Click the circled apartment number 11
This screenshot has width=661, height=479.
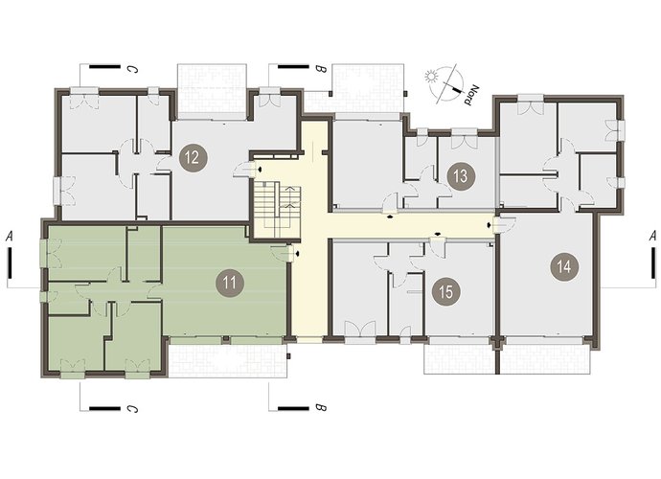coord(230,283)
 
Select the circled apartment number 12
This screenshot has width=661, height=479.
coord(192,158)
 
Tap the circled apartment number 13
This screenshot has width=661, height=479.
coord(462,176)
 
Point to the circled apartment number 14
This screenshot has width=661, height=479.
coord(564,266)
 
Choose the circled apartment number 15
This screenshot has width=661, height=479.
coord(446,291)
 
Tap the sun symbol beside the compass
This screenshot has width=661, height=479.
coord(430,77)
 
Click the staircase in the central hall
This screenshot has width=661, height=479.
coord(277,210)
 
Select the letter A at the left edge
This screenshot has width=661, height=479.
coord(9,237)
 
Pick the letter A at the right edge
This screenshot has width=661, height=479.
coord(652,236)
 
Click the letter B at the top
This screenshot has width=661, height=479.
coord(321,69)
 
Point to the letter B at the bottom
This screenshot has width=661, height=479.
coord(321,408)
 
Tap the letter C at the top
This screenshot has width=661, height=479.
coord(132,69)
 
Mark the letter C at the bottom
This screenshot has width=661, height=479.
coord(132,408)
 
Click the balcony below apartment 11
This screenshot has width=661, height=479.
coord(228,357)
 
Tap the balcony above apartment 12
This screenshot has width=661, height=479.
coord(212,92)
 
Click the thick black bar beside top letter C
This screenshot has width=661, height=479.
coord(104,67)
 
